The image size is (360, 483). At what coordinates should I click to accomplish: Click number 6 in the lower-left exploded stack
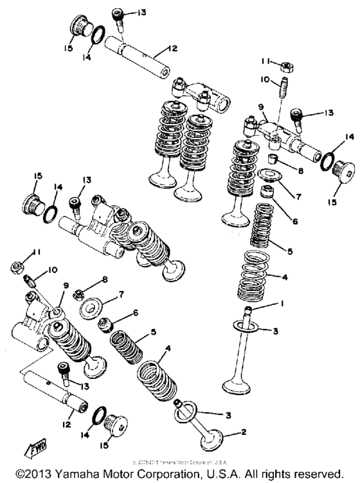click(135, 313)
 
